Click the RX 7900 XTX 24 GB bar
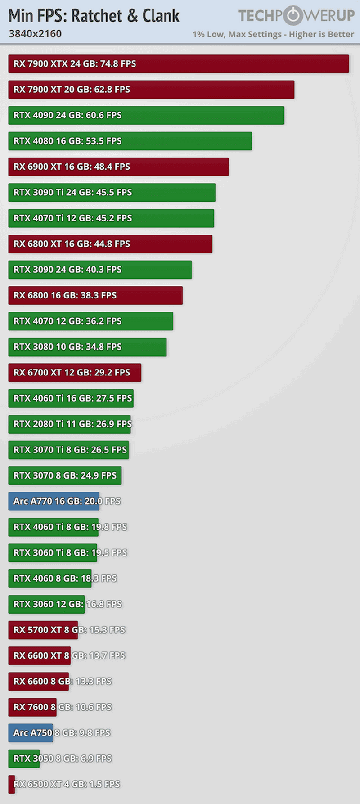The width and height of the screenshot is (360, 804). (179, 64)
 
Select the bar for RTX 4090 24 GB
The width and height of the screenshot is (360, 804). (146, 115)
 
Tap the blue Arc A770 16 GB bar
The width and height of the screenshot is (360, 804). (54, 501)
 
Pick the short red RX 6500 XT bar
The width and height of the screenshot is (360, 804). (12, 784)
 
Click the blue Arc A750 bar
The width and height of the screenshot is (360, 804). (31, 732)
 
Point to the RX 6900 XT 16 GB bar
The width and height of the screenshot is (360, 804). (118, 167)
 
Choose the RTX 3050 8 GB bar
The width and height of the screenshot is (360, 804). (24, 758)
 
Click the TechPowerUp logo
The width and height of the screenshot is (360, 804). (296, 16)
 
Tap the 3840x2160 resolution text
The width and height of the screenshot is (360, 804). (35, 34)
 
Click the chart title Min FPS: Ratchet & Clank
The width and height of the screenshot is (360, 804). (94, 16)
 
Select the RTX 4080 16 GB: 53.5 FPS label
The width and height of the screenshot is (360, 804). (67, 141)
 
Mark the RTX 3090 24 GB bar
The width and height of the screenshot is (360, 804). (100, 270)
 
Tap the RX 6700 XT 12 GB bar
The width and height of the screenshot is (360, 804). (75, 373)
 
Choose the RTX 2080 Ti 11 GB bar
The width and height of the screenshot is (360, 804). (69, 424)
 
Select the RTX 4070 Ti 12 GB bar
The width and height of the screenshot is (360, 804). (111, 218)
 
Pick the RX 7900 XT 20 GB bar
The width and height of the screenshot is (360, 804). (151, 90)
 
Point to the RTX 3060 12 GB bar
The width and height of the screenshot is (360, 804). (46, 604)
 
